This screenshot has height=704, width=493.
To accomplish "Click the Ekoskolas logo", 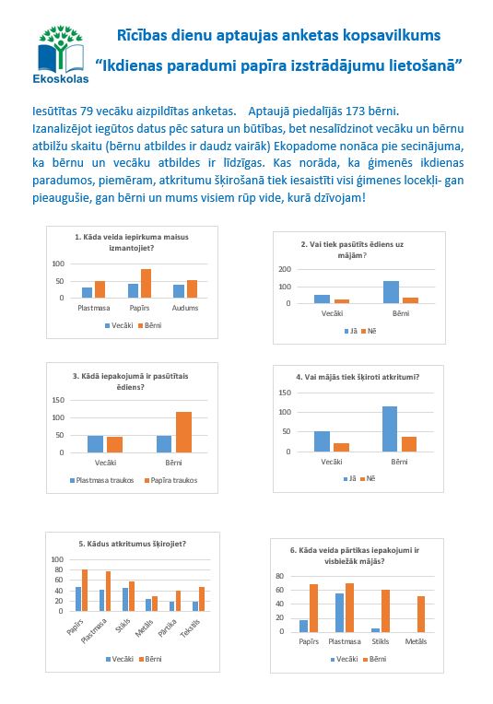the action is coord(61,54).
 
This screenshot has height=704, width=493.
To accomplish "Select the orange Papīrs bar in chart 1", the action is coord(146,283).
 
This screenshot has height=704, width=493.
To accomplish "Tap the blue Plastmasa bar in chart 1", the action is coord(88,293).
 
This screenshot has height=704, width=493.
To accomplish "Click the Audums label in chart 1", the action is coord(185,308).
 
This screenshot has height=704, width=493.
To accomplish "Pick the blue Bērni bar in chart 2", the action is coord(391,292).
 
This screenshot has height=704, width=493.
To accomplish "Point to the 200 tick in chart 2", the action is coord(285,269).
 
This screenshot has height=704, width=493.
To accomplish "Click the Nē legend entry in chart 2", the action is coord(369,332).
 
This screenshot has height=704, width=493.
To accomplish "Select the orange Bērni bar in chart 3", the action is coord(183,432).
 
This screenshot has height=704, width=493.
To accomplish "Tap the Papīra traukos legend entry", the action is coord(171,480).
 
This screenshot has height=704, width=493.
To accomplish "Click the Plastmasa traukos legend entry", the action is coord(102,480).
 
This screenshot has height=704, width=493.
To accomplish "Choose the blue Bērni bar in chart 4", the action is coord(390,428).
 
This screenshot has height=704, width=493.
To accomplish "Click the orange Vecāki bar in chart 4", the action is coord(341,447).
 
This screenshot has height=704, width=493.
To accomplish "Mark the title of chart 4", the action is coord(358,377).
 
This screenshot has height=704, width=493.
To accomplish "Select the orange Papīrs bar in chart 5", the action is coord(85,591).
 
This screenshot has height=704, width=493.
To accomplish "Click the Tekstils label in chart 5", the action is coord(191,628).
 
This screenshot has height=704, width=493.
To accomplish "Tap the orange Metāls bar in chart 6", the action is coord(421,615).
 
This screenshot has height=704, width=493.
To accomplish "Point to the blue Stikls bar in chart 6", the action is coord(375,630).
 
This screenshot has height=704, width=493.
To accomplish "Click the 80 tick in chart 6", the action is coord(280,576).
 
